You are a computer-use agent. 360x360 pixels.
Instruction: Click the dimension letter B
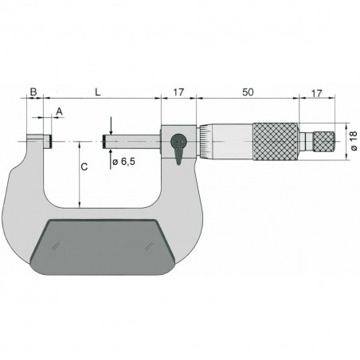(x=33, y=93)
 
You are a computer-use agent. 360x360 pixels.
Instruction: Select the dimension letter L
(x=98, y=93)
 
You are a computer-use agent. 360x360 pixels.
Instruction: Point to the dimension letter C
(x=84, y=168)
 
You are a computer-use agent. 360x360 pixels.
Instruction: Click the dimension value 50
(x=249, y=93)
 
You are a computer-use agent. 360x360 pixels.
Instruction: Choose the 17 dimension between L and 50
(x=178, y=93)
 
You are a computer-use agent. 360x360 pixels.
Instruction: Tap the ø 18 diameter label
(x=352, y=143)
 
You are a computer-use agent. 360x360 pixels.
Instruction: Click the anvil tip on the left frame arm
(x=47, y=142)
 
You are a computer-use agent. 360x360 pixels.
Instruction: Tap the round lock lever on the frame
(x=180, y=143)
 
